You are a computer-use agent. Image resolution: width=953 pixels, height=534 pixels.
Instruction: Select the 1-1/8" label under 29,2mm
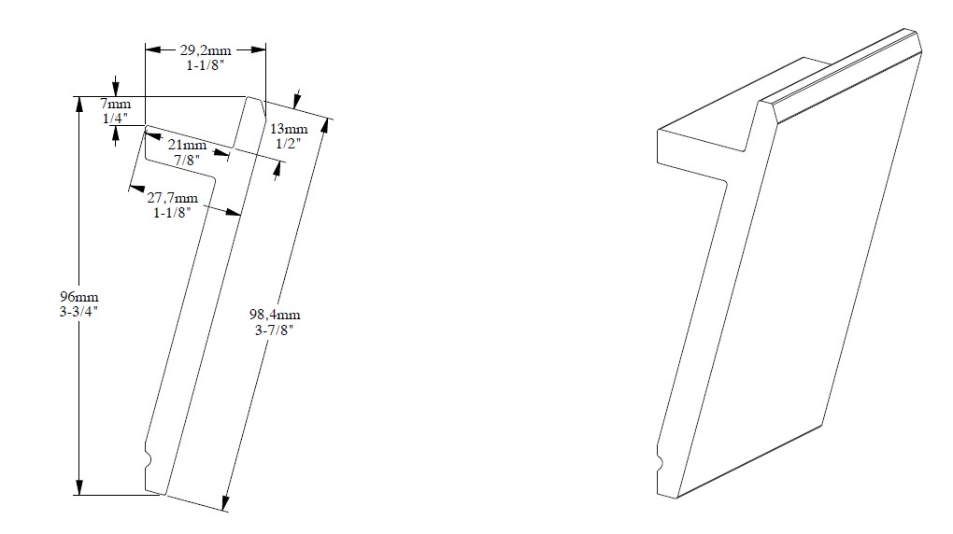click(x=206, y=66)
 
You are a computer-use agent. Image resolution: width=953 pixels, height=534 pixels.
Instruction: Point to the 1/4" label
click(x=114, y=119)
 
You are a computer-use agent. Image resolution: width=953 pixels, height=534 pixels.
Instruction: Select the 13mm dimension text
click(x=289, y=128)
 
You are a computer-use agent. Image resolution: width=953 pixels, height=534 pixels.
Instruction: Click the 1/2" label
click(x=287, y=144)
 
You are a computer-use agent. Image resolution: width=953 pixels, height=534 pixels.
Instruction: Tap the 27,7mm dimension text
click(x=173, y=197)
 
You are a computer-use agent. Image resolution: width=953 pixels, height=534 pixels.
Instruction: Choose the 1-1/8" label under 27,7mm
click(x=173, y=213)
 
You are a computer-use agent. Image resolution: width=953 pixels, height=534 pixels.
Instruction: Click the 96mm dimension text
click(x=78, y=296)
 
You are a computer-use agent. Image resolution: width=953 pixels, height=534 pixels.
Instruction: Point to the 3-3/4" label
click(x=78, y=312)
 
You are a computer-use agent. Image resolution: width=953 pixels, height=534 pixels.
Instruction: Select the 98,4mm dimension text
click(x=277, y=315)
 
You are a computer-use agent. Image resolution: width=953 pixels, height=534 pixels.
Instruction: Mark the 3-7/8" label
click(x=276, y=330)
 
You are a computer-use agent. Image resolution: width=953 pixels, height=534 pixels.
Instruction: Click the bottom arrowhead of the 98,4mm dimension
click(x=225, y=503)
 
